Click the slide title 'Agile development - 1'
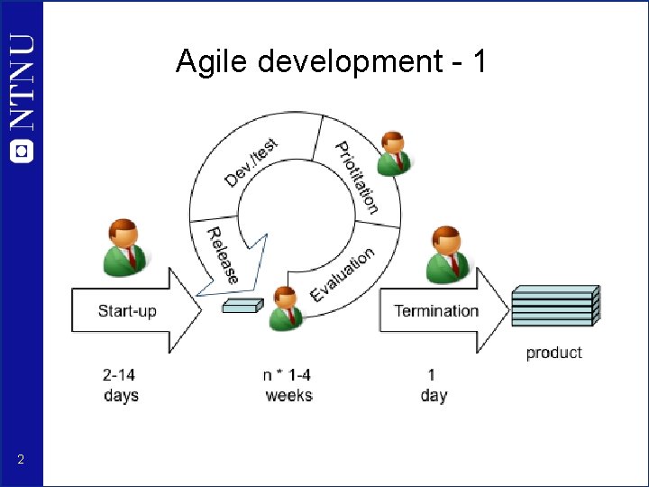coord(332,62)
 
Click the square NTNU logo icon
coord(22,151)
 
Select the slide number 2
coord(20,461)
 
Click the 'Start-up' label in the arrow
coord(127,311)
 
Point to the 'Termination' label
coord(436,311)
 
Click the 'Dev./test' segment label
coord(251,162)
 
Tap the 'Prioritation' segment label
coord(357,177)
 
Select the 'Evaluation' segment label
coord(343,275)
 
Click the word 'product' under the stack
coord(553,353)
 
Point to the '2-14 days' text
coord(121,385)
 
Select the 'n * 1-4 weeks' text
coord(288,385)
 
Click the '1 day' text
coord(433,385)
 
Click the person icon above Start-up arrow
coord(123,247)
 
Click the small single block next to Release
coord(242,306)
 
